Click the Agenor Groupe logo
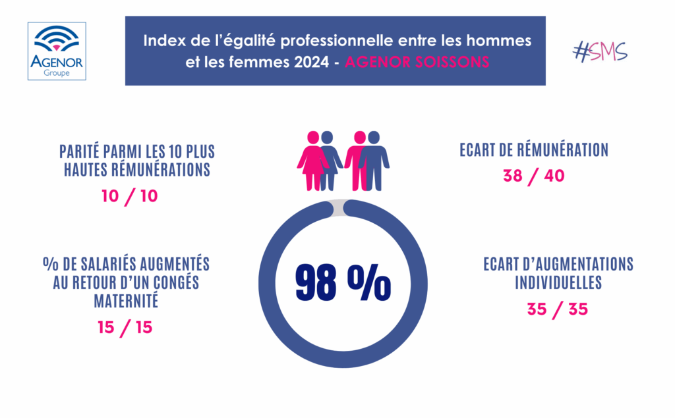click(x=57, y=51)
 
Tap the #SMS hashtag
click(x=600, y=52)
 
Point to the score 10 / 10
click(x=130, y=196)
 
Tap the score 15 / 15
click(x=125, y=327)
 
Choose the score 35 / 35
click(x=558, y=309)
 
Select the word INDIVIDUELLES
click(x=558, y=283)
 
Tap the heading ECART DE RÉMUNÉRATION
click(x=533, y=150)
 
